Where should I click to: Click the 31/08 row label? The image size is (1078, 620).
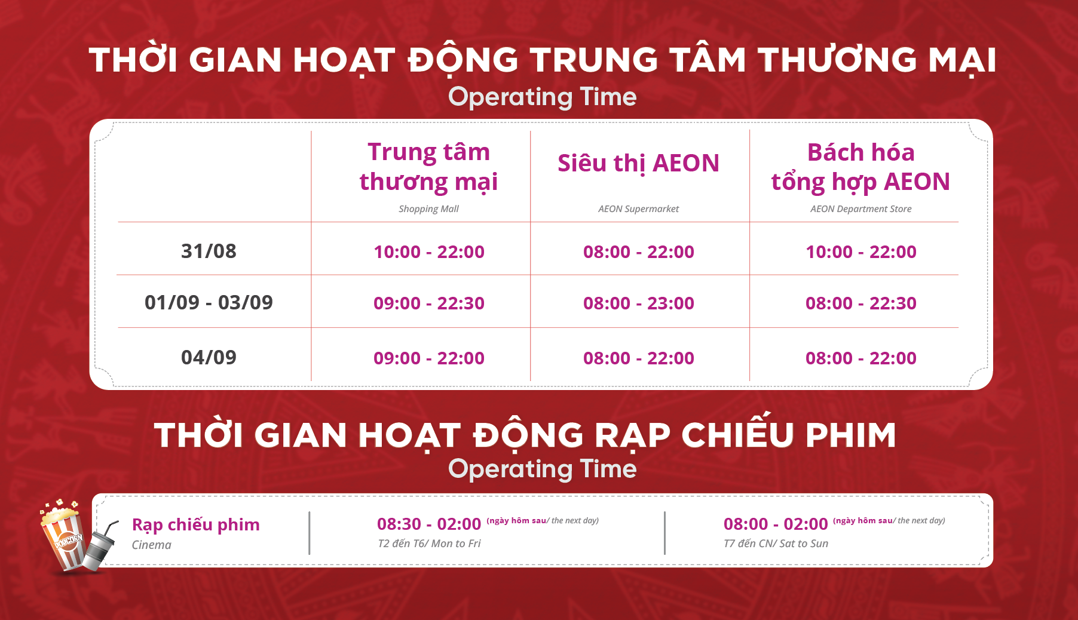(209, 251)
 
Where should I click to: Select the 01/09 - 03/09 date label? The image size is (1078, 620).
(209, 302)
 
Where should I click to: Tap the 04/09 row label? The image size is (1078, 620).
(209, 357)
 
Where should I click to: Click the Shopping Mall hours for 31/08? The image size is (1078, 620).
(429, 251)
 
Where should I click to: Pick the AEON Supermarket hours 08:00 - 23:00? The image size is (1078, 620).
(639, 303)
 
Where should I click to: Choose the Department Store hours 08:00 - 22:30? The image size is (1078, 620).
(861, 303)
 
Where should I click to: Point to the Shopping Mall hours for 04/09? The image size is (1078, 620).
(429, 358)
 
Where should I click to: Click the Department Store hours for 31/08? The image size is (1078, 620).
(861, 251)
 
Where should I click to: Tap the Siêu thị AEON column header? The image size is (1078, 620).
(638, 163)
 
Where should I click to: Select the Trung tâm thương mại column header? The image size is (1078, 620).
(428, 167)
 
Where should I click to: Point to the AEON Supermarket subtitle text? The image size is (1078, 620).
(638, 209)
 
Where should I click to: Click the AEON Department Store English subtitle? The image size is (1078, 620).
(860, 209)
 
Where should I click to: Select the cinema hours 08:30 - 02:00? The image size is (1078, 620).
(429, 524)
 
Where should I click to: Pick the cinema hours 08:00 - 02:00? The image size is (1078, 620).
(776, 524)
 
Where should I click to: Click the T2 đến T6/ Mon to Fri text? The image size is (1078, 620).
(429, 544)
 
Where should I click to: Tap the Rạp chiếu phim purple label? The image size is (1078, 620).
(196, 524)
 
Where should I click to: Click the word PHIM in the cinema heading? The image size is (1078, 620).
(850, 435)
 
